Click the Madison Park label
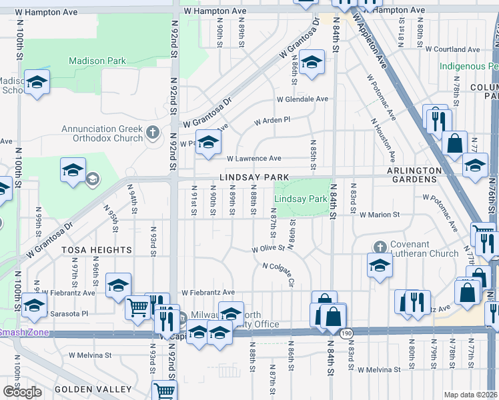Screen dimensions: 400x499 pos(97,61)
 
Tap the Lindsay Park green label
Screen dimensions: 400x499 pos(301,199)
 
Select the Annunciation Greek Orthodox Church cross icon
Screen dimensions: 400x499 pos(152,131)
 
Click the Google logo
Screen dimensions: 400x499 pos(22,392)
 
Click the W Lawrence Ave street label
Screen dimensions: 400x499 pos(254,159)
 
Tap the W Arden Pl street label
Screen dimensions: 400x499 pos(272,121)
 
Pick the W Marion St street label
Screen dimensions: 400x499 pos(379,215)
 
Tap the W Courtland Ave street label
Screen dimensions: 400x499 pos(453,49)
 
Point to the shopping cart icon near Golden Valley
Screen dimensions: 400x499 pos(164,389)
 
